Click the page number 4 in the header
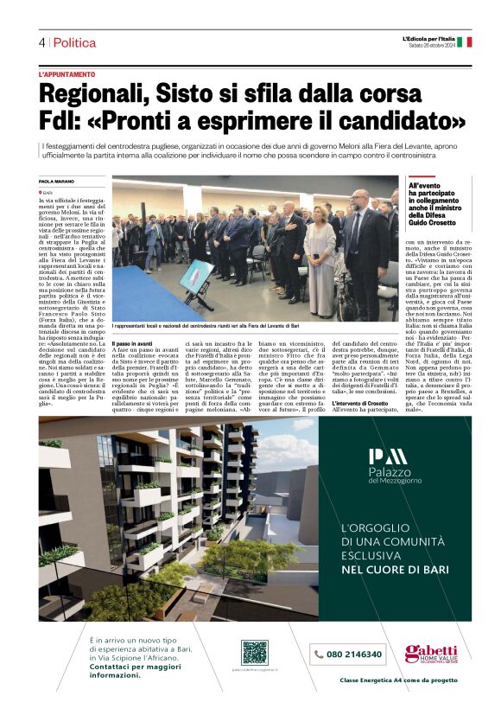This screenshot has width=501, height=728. point(41,42)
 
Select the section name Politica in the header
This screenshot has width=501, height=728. point(74,42)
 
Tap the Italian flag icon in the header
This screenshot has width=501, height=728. point(464,41)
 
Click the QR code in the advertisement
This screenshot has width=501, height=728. point(254,652)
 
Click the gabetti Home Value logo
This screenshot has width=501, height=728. point(431,654)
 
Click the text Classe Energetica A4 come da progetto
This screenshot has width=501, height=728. point(398,680)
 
